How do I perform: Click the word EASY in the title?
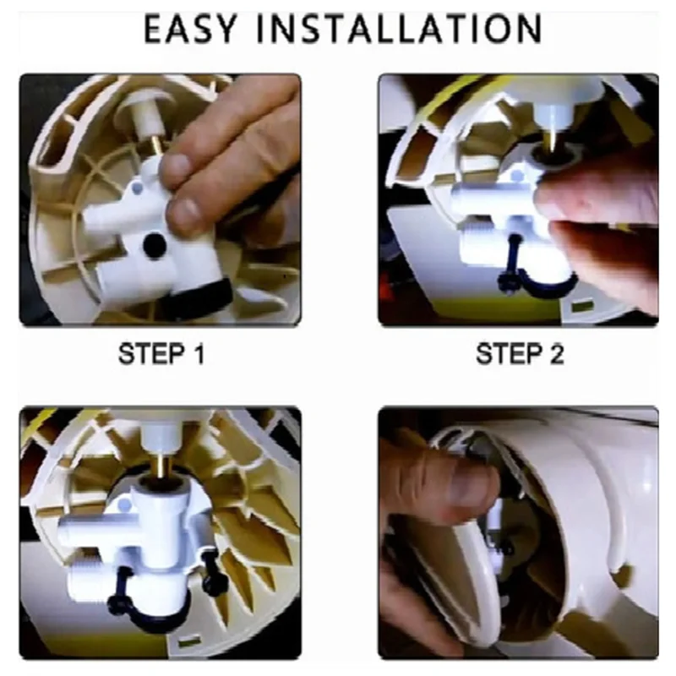[x=190, y=29]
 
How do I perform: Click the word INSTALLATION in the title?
[x=398, y=29]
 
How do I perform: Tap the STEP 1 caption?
[x=161, y=354]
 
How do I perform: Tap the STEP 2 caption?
[x=520, y=354]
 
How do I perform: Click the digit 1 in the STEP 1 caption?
[x=198, y=354]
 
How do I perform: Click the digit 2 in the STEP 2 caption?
[x=556, y=354]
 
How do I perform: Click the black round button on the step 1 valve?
[x=155, y=244]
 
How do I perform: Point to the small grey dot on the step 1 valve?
[x=137, y=188]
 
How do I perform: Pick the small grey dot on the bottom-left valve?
[x=124, y=504]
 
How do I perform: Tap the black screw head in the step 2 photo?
[x=505, y=281]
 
